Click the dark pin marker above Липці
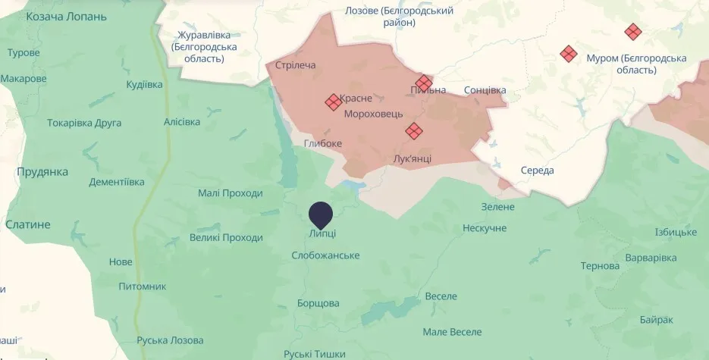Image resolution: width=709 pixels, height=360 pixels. coord(322,213)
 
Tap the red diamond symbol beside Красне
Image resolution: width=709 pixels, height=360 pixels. coord(333,101)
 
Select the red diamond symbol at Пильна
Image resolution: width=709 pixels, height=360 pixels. coord(423,82)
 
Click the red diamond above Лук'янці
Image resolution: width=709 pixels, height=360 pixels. coord(413,131)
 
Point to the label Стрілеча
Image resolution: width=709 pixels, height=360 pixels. coord(296,65)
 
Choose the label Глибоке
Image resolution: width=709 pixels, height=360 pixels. coord(323,143)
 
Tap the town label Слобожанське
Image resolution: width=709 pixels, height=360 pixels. coord(325,255)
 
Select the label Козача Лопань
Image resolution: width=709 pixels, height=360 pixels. coord(61,17)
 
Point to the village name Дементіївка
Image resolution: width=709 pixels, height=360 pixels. coord(116,182)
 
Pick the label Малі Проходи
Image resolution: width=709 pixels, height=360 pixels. coord(231,193)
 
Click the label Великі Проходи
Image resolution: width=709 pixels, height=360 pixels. coord(226,237)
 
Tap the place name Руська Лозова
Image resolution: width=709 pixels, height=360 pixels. coord(170,340)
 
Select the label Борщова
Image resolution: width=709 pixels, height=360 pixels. coord(318,303)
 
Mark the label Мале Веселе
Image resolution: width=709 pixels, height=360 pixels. coord(452,332)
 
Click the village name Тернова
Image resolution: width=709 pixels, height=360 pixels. coord(600,266)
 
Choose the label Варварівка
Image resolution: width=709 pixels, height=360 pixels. coord(651,258)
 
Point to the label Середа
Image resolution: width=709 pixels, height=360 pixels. coord(537,170)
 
